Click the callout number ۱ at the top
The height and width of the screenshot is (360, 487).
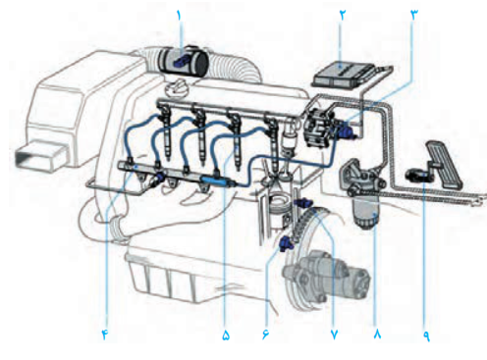[x=179, y=16]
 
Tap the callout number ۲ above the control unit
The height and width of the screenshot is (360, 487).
[x=343, y=16]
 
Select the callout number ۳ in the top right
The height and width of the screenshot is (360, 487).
[x=414, y=16]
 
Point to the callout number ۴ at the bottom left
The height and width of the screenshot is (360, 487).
[x=105, y=334]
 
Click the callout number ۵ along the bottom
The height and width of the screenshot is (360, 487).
[x=226, y=334]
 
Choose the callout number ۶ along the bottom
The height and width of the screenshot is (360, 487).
[x=265, y=334]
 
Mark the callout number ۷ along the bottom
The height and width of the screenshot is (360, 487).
[x=334, y=334]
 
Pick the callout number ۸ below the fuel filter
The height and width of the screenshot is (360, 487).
[x=377, y=334]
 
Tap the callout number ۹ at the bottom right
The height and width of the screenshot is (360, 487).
[x=427, y=334]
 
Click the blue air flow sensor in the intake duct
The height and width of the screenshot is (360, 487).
[x=181, y=62]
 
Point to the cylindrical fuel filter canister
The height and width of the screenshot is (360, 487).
[x=366, y=212]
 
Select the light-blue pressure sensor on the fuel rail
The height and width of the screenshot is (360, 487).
[x=215, y=180]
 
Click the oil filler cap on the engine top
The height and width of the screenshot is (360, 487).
[x=175, y=86]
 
